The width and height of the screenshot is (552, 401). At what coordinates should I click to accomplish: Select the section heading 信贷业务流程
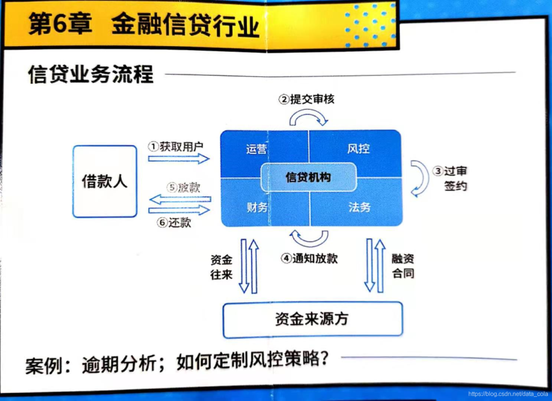pyautogui.click(x=90, y=74)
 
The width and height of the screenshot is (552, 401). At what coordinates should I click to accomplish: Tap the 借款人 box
pyautogui.click(x=104, y=182)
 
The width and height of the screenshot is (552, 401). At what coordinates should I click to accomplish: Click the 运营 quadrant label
pyautogui.click(x=257, y=149)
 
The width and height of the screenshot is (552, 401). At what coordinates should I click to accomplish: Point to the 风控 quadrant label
pyautogui.click(x=358, y=149)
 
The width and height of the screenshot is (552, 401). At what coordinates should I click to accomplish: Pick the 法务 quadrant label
pyautogui.click(x=359, y=207)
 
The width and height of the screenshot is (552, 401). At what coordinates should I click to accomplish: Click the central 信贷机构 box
pyautogui.click(x=308, y=177)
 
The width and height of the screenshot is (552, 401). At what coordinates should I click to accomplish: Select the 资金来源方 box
pyautogui.click(x=312, y=319)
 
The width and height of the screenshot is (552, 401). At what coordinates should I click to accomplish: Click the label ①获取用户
pyautogui.click(x=176, y=146)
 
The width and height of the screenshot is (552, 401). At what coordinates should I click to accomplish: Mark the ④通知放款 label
pyautogui.click(x=309, y=258)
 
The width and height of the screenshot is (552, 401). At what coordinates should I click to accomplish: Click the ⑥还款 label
pyautogui.click(x=174, y=223)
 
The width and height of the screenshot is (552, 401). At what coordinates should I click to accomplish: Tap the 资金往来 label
pyautogui.click(x=221, y=266)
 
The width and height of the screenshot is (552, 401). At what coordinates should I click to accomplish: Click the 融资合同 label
pyautogui.click(x=403, y=266)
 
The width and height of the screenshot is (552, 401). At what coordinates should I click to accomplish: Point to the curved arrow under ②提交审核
pyautogui.click(x=309, y=118)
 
